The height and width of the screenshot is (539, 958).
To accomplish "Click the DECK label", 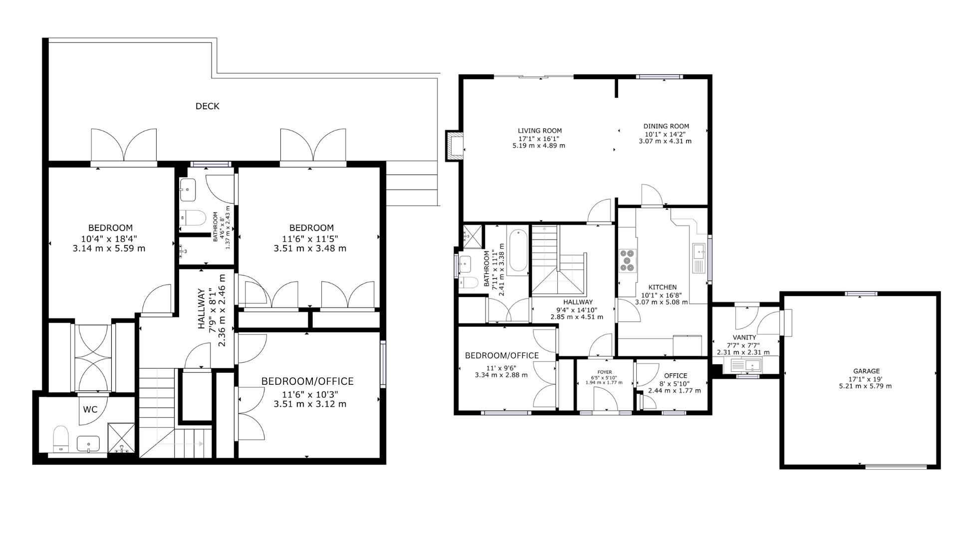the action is pyautogui.click(x=207, y=106).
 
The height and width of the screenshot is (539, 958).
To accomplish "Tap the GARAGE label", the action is pyautogui.click(x=866, y=371).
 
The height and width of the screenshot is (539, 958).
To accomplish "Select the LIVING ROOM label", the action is pyautogui.click(x=539, y=131).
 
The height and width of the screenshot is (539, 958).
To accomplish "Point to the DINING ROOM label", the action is pyautogui.click(x=666, y=126).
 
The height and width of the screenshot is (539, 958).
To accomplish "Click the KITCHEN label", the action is pyautogui.click(x=662, y=287).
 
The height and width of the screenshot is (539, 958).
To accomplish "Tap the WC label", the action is pyautogui.click(x=90, y=410).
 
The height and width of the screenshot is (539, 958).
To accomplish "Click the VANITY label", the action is pyautogui.click(x=744, y=337).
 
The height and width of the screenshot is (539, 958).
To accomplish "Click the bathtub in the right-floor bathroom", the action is pyautogui.click(x=518, y=251).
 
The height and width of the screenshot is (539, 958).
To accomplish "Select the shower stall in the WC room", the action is pyautogui.click(x=121, y=438).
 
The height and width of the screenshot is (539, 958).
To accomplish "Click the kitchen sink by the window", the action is pyautogui.click(x=698, y=258).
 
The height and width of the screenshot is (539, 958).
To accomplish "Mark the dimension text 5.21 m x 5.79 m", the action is pyautogui.click(x=866, y=386).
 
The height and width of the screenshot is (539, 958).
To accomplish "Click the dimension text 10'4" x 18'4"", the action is pyautogui.click(x=109, y=239).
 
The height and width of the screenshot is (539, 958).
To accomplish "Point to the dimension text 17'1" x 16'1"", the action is pyautogui.click(x=539, y=138).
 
